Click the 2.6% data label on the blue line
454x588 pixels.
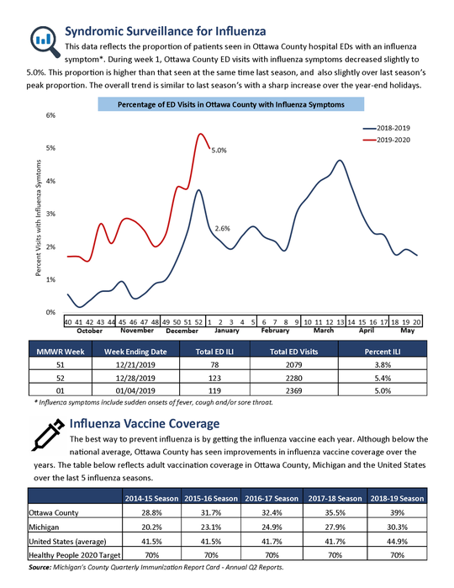[223, 229]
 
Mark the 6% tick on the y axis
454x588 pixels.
[50, 115]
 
